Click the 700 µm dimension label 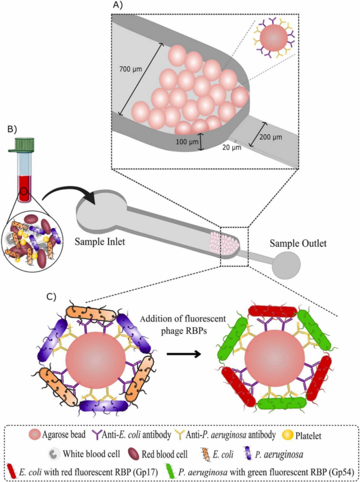pos(132,69)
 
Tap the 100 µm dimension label pos(186,142)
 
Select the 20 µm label pos(229,149)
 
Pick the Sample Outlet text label pos(298,244)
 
